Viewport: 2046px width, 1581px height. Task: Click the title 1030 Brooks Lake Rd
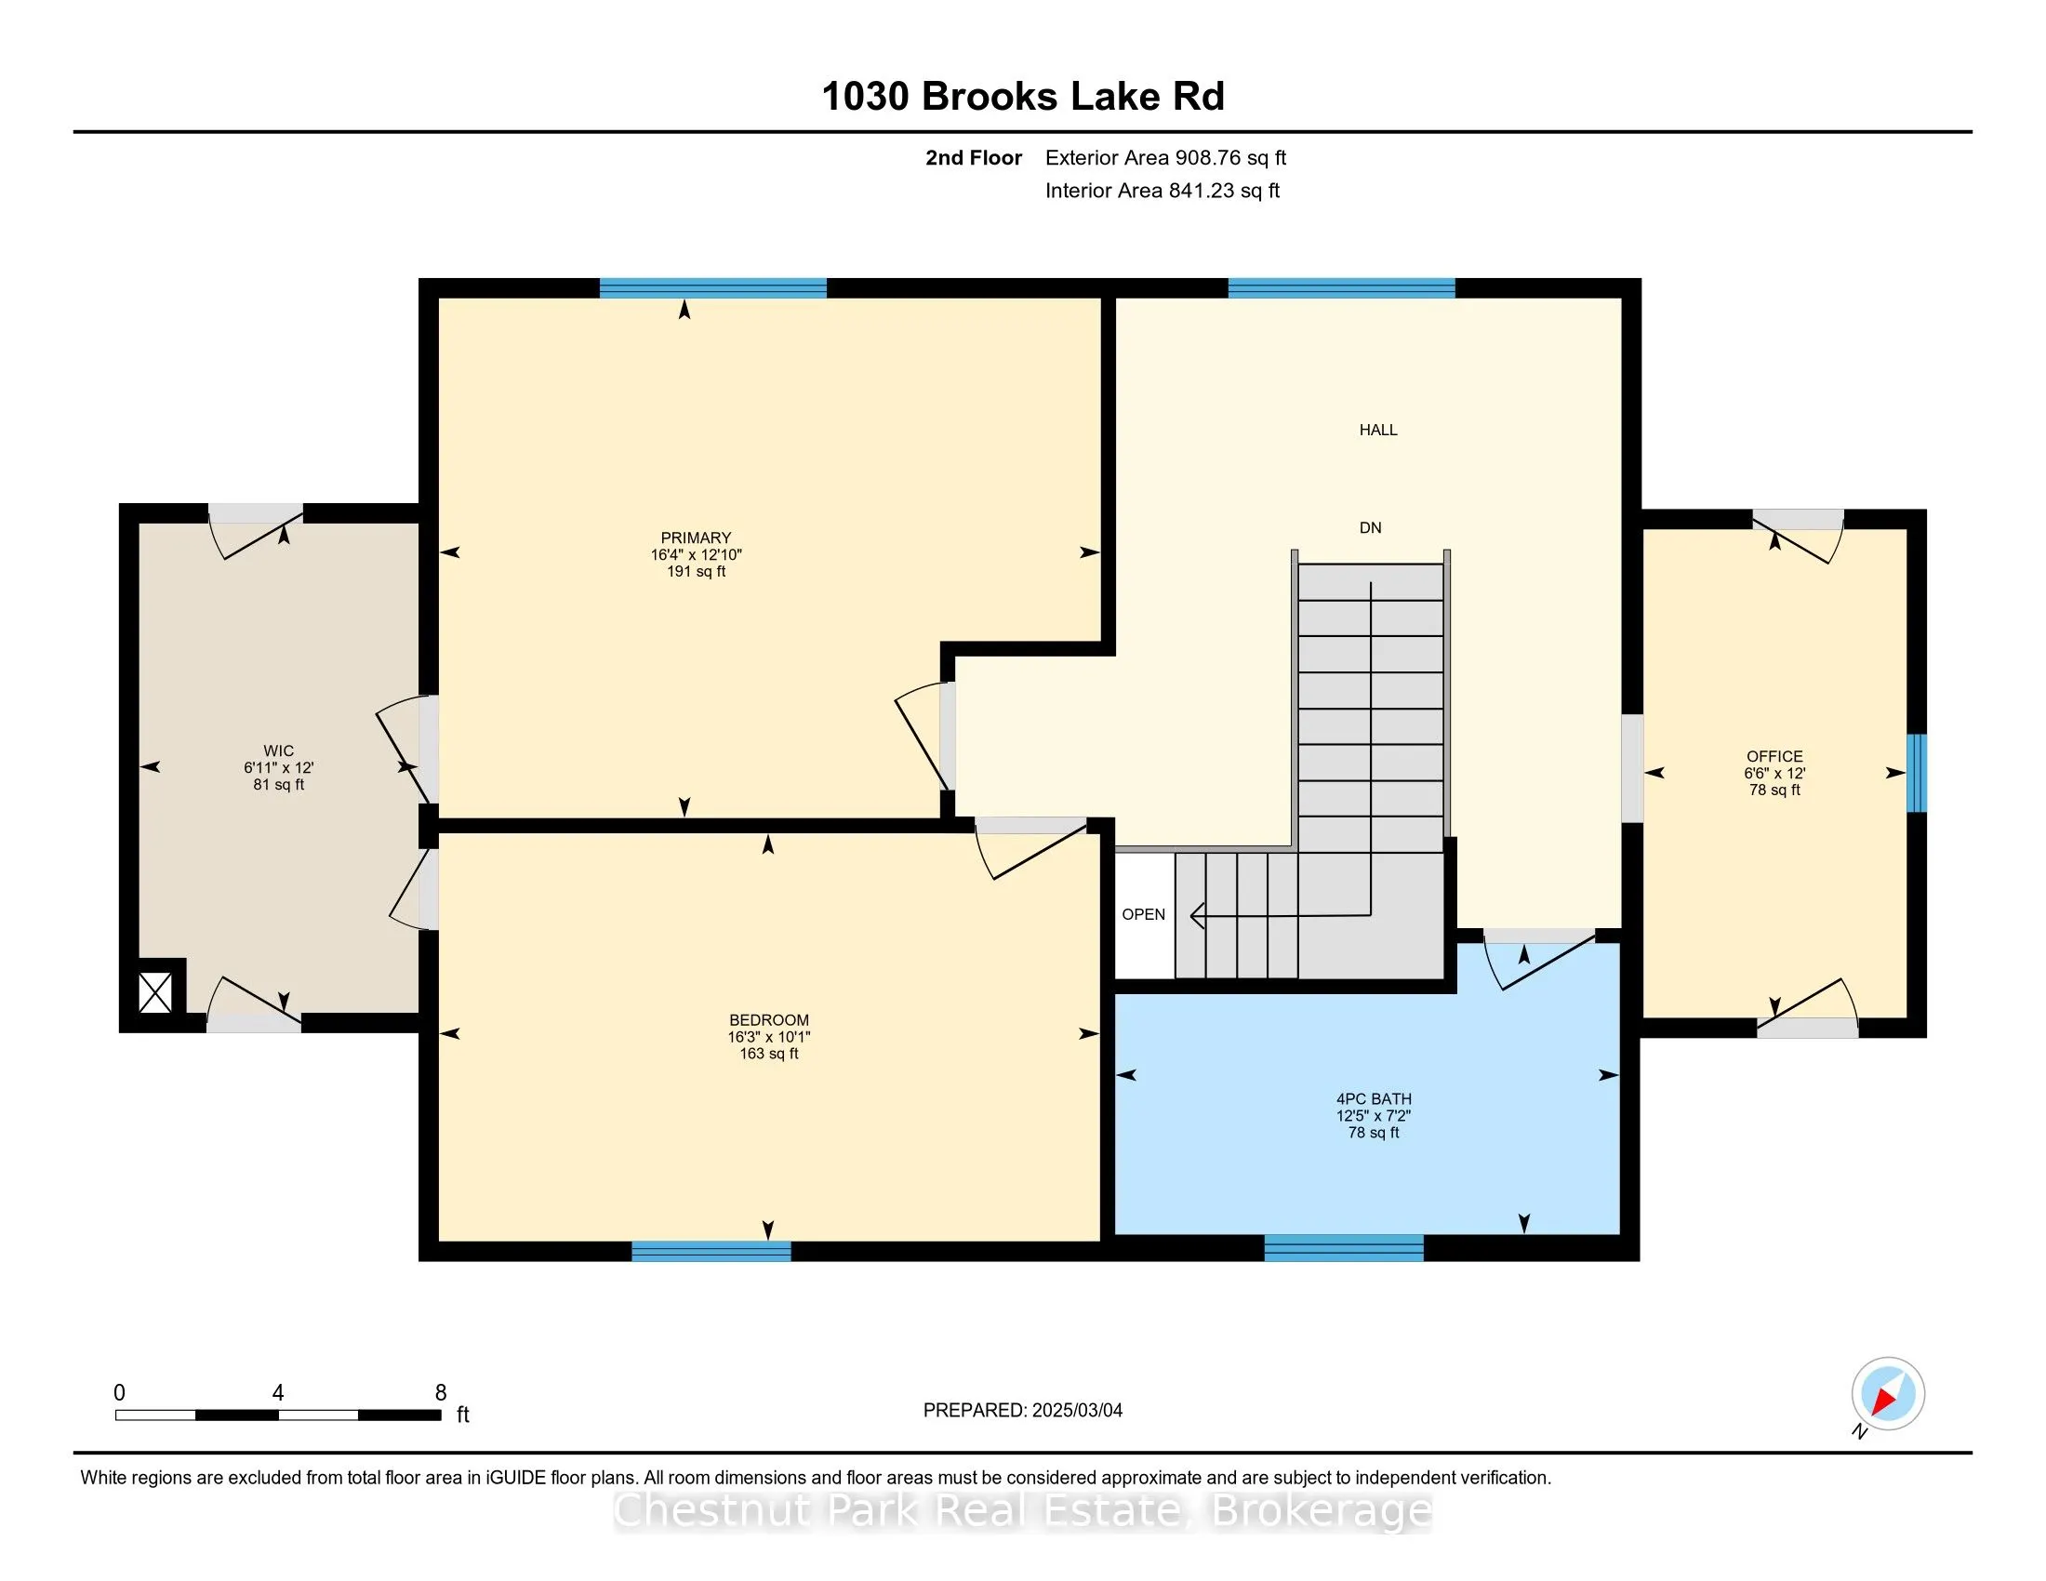tap(1023, 97)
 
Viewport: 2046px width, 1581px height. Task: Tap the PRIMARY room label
tap(696, 538)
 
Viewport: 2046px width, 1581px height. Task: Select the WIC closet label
tap(278, 751)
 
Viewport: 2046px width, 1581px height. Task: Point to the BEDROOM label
tap(769, 1020)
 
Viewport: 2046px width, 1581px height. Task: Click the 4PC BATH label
tap(1375, 1098)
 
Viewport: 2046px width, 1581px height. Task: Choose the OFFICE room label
tap(1774, 756)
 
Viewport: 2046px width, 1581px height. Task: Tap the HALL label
tap(1378, 430)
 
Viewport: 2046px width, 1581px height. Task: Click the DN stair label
tap(1371, 527)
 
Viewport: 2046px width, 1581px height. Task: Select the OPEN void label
tap(1144, 914)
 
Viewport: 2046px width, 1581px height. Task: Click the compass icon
tap(1888, 1394)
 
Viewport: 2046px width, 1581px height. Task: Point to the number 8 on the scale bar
tap(440, 1393)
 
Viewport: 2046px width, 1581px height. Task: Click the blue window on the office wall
tap(1917, 773)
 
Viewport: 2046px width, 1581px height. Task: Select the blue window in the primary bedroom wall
tap(713, 287)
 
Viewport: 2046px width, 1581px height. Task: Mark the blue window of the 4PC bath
tap(1345, 1247)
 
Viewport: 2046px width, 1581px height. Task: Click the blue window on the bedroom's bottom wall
tap(711, 1251)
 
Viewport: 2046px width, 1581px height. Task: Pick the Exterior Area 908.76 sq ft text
tap(1165, 158)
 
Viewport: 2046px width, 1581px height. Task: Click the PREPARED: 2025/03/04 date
tap(1023, 1410)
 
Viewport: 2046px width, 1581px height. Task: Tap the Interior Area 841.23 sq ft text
tap(1162, 191)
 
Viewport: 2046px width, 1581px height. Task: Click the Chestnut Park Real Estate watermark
tap(1023, 1509)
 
